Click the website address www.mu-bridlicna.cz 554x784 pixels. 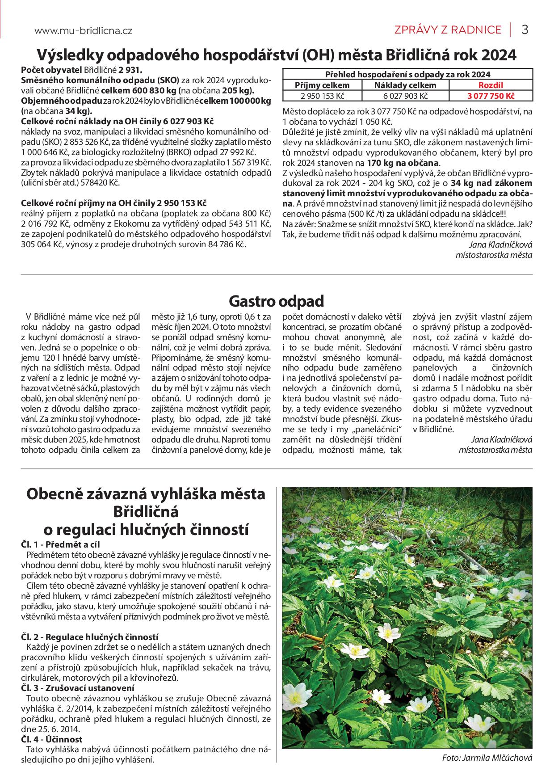click(83, 31)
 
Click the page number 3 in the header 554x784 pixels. click(525, 30)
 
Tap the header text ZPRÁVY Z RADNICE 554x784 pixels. click(448, 30)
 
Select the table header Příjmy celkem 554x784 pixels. click(323, 85)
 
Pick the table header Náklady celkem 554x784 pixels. click(405, 85)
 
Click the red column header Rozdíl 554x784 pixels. click(491, 85)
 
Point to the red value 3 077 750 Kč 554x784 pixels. click(491, 96)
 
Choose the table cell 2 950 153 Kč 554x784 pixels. click(323, 96)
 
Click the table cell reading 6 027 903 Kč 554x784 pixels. click(405, 96)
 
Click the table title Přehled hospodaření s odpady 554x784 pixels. click(407, 74)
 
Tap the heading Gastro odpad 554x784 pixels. click(276, 301)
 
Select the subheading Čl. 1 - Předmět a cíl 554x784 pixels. click(60, 544)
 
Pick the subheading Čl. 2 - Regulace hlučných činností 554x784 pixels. click(90, 637)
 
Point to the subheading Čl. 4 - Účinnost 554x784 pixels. click(52, 739)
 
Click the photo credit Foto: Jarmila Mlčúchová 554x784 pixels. click(487, 758)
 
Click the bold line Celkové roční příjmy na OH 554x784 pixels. click(113, 202)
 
